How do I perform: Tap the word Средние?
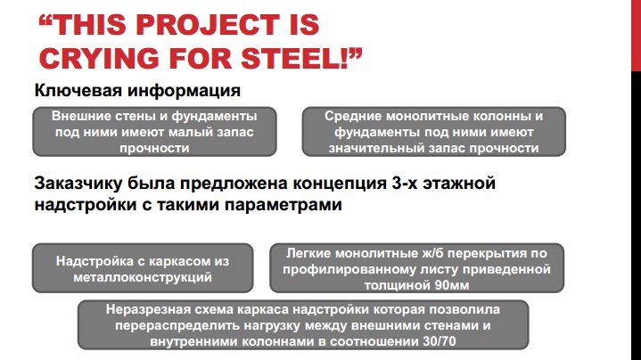(x=353, y=117)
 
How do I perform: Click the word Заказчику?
(x=78, y=184)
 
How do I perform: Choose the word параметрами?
(x=283, y=205)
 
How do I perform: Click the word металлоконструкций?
(x=143, y=277)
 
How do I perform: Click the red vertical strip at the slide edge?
(x=636, y=36)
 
